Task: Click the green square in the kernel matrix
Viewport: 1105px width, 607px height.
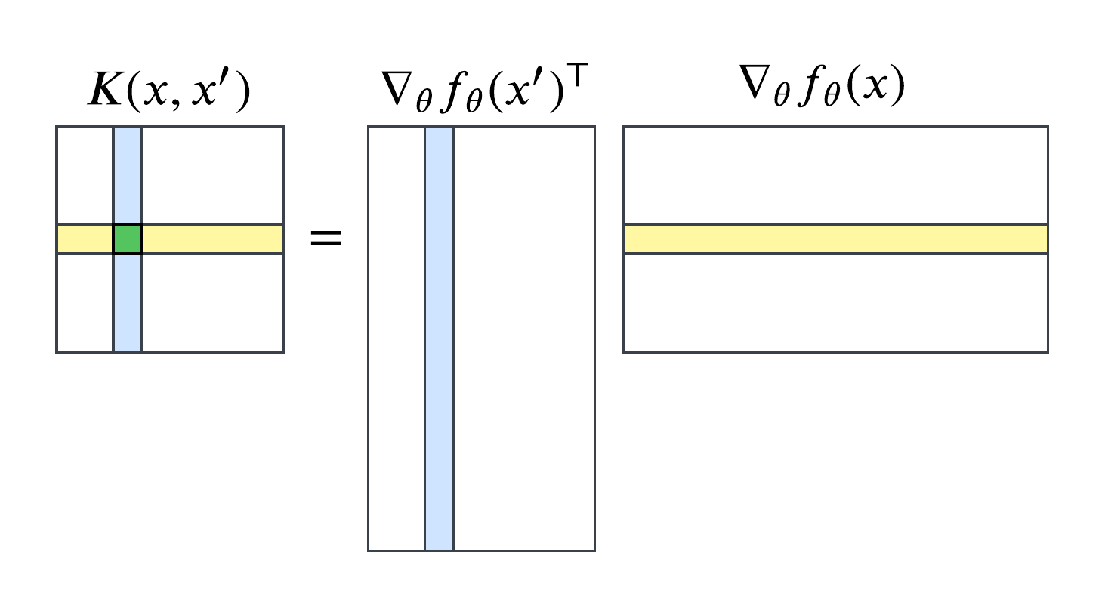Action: click(128, 239)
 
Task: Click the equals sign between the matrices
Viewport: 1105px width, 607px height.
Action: click(326, 239)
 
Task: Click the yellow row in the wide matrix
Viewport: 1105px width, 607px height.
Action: click(835, 239)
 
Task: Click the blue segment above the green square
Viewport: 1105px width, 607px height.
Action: click(128, 175)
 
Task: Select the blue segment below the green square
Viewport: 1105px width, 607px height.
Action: click(128, 303)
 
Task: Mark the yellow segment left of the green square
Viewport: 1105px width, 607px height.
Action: click(85, 239)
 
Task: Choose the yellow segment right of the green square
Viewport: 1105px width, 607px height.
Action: click(212, 239)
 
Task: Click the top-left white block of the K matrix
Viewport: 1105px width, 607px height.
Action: click(85, 175)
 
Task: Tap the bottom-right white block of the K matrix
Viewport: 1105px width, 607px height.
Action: click(212, 303)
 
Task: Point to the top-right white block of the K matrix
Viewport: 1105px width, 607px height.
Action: click(212, 175)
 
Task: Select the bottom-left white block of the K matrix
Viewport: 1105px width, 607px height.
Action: click(85, 303)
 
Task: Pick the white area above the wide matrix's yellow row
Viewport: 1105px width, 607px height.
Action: click(835, 175)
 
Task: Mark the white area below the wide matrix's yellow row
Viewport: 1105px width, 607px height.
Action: click(835, 303)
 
